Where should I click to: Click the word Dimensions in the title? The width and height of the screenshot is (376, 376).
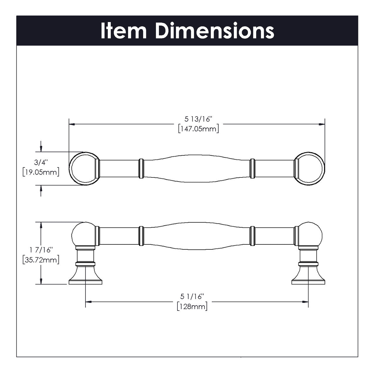point(214,31)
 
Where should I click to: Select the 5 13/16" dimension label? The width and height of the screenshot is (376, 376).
point(198,119)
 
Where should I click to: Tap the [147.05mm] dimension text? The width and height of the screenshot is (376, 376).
point(198,129)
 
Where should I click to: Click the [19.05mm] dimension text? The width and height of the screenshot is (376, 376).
point(41,172)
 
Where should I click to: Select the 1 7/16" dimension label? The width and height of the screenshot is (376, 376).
point(41,250)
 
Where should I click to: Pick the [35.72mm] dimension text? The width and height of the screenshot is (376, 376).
point(41,260)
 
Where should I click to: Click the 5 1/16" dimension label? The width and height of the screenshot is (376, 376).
point(192,296)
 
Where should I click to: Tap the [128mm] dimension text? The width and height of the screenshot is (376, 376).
point(192,307)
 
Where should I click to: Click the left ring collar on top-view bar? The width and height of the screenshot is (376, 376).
point(141,169)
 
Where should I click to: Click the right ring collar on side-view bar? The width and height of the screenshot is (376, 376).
point(252,236)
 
